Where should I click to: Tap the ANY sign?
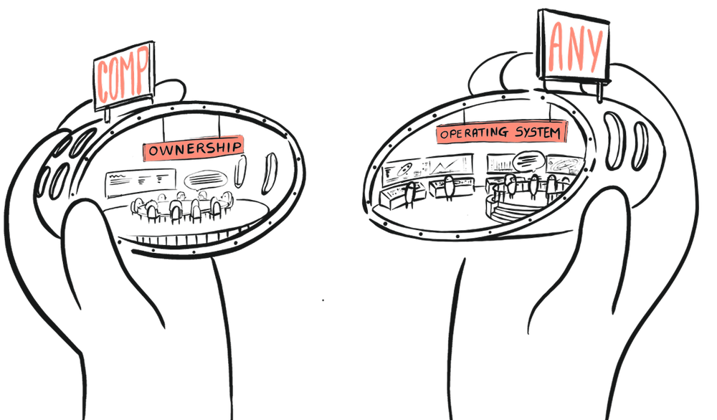coord(574,47)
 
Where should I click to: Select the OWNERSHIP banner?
coord(193,148)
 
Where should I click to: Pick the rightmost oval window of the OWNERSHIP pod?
coord(270,167)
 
